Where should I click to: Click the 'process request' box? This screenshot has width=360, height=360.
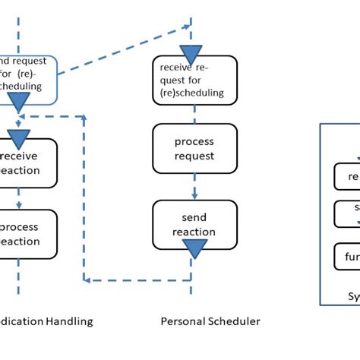(194, 150)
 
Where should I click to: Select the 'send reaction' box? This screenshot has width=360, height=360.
(194, 225)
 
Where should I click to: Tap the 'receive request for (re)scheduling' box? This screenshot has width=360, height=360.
(194, 80)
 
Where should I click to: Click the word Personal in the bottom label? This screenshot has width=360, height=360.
(183, 321)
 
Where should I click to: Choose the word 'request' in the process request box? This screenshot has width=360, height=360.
(194, 156)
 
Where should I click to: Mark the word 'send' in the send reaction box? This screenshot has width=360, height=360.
(194, 218)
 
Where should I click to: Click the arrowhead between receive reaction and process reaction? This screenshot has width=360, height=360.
(18, 204)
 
